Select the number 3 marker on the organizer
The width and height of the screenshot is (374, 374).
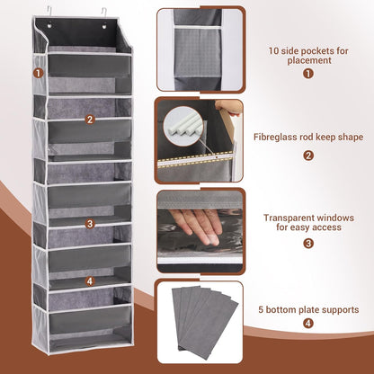(x=90, y=223)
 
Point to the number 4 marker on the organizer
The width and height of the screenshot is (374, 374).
(x=90, y=280)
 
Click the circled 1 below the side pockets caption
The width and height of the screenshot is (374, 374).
(x=307, y=74)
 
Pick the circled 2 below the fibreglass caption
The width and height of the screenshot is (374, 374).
(x=307, y=155)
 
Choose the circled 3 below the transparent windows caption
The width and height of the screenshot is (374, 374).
(x=307, y=243)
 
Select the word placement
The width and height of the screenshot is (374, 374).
(x=307, y=62)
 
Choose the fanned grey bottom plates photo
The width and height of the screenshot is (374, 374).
(x=199, y=321)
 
